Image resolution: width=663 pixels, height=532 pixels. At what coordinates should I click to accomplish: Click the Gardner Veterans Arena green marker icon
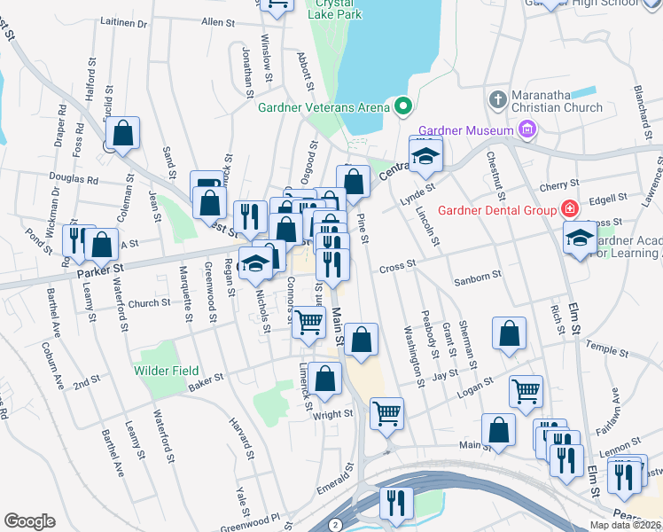[403, 108]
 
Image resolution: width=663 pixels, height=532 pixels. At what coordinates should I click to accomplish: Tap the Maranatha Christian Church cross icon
[498, 97]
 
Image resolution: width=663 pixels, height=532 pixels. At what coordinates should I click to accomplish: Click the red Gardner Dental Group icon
[568, 210]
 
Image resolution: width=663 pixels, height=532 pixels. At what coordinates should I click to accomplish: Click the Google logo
[29, 521]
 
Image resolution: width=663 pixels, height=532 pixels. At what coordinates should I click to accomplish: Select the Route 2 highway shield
[335, 525]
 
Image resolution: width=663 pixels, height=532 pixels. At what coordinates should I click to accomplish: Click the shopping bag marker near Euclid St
[122, 134]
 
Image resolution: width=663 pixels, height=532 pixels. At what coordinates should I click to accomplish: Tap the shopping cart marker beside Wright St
[386, 411]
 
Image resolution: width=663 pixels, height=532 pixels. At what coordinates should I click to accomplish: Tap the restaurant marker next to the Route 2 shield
[395, 502]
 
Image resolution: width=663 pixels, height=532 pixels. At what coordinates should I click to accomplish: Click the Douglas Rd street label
[74, 178]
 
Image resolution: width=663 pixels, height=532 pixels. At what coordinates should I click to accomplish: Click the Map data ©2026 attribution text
[625, 525]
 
